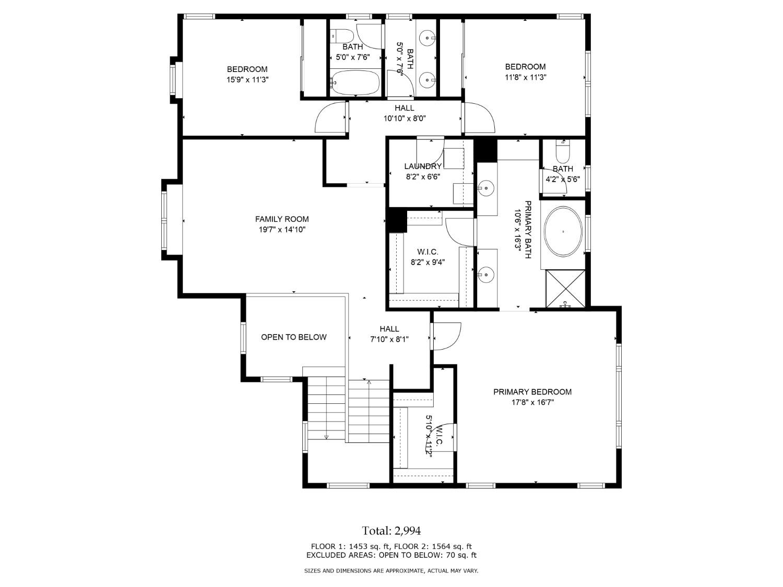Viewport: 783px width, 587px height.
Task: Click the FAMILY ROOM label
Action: click(281, 219)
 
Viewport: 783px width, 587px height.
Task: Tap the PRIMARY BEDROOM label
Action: click(532, 392)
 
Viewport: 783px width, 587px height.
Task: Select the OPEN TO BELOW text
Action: click(293, 337)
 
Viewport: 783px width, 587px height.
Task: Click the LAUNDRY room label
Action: click(422, 166)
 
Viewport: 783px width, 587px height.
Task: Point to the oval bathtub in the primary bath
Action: click(563, 231)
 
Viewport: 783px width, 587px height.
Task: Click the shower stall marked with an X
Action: click(565, 288)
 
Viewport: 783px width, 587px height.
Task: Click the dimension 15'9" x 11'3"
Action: click(247, 80)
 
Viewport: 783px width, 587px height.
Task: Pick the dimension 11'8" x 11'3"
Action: click(525, 77)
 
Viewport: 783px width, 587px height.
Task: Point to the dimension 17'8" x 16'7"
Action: click(532, 402)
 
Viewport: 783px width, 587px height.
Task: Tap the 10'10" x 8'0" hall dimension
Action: click(405, 118)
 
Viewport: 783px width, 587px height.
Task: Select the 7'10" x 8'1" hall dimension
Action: click(389, 339)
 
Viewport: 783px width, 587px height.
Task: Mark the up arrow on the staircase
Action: click(369, 384)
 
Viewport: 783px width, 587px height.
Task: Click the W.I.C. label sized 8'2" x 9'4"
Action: click(428, 252)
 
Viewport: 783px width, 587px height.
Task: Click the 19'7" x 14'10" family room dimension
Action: click(281, 230)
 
